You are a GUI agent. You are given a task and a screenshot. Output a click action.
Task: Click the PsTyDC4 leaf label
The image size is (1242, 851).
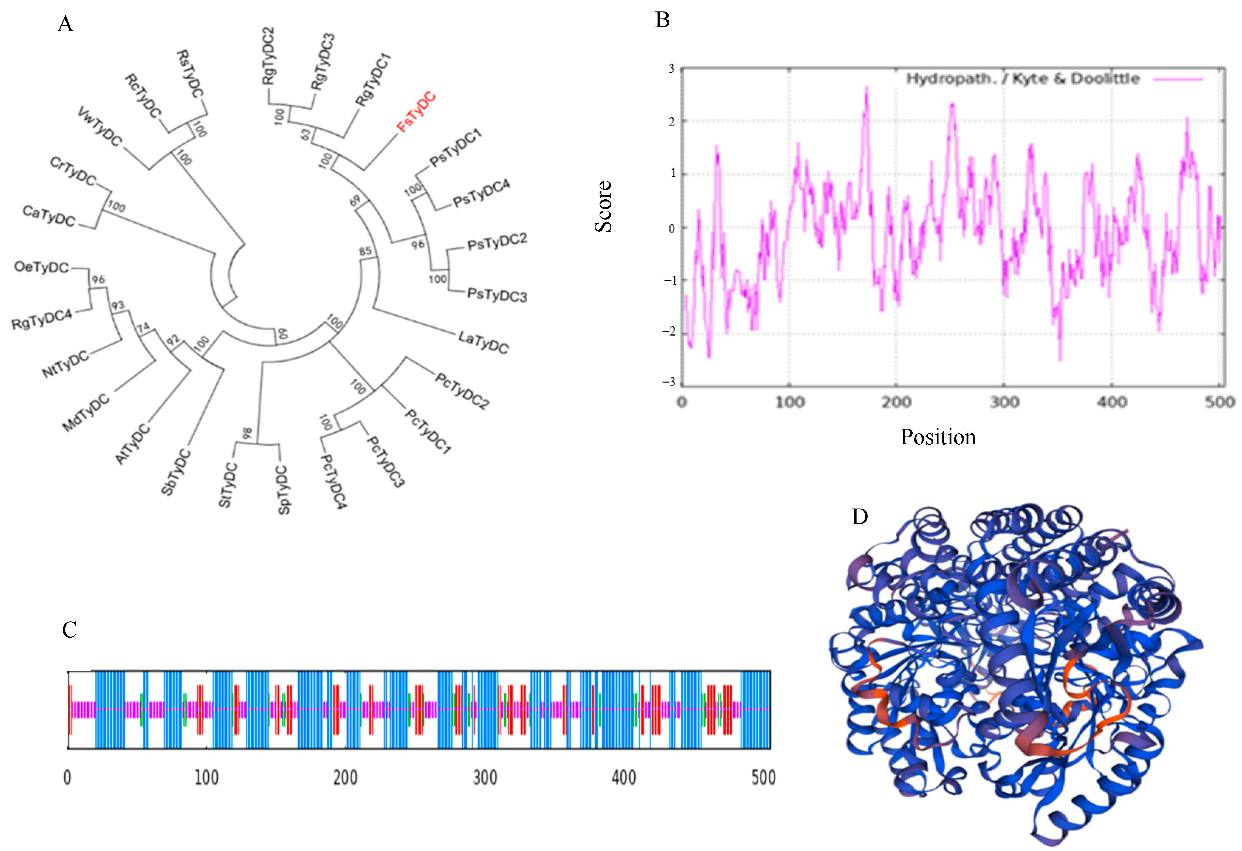[481, 193]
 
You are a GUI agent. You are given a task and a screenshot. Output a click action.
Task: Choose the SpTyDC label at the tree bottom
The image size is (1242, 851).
[284, 490]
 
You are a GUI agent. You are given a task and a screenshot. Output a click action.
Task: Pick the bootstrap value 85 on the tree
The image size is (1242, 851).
[366, 251]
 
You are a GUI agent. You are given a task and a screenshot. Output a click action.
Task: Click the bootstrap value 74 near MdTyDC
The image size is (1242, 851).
[143, 327]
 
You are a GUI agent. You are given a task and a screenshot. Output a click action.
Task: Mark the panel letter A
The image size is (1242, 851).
[65, 24]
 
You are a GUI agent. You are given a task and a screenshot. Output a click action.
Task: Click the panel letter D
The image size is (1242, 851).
[860, 517]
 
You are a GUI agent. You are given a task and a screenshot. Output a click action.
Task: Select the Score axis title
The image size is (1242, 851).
[603, 206]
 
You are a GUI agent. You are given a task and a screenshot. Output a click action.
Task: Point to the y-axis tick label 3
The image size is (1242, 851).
[671, 69]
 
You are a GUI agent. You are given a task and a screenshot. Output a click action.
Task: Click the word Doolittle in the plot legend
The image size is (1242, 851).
[1105, 79]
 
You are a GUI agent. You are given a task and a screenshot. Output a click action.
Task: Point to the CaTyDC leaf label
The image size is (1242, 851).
[49, 216]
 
